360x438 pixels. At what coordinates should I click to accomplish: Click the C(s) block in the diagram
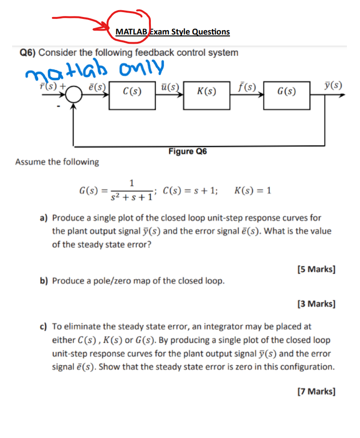tap(132, 91)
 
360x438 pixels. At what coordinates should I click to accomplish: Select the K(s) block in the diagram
tap(207, 91)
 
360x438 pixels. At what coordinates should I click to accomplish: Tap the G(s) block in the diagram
tap(287, 91)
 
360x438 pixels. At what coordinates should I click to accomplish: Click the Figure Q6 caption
tap(187, 151)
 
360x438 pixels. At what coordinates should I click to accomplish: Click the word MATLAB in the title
tap(131, 32)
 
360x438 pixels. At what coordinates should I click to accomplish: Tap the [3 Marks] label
tap(316, 304)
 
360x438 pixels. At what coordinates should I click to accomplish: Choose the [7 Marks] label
tap(316, 391)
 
